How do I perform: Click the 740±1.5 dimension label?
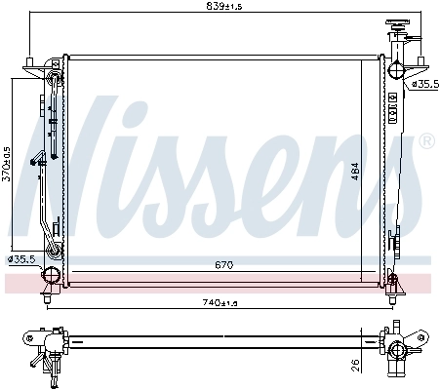tap(220, 303)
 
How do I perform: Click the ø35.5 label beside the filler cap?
tap(423, 85)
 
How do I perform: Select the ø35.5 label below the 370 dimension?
tap(21, 258)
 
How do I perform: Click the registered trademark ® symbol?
tap(425, 142)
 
